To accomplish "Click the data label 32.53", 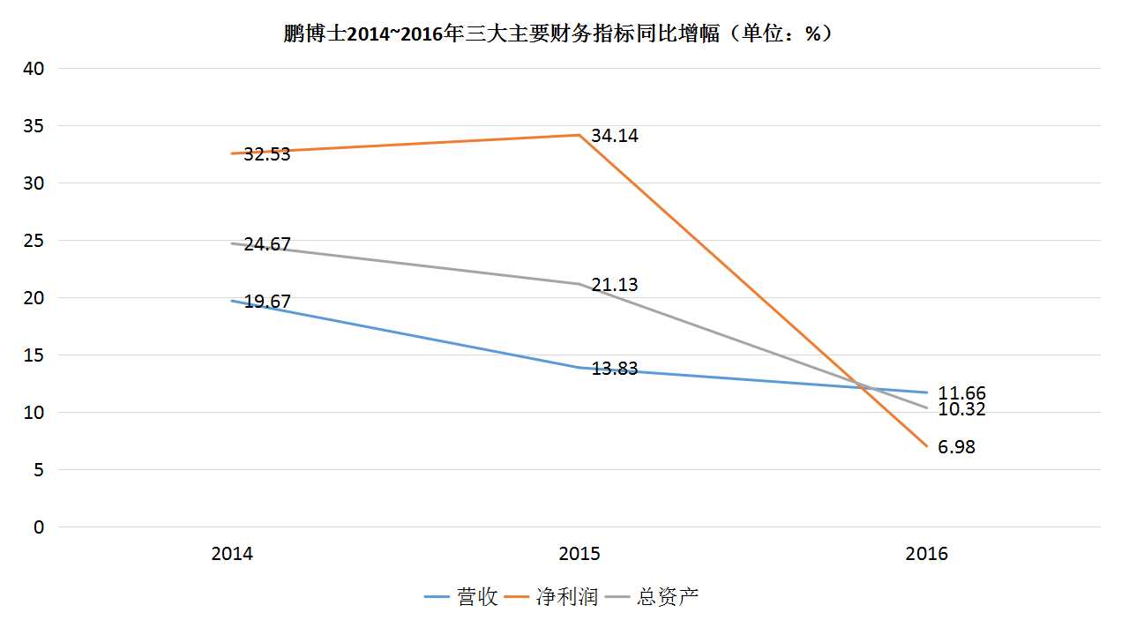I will pyautogui.click(x=266, y=154).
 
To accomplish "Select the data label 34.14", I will pyautogui.click(x=615, y=136).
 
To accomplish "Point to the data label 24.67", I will pyautogui.click(x=266, y=244).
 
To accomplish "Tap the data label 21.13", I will pyautogui.click(x=615, y=285).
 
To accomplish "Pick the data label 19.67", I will pyautogui.click(x=266, y=302).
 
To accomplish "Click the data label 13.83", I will pyautogui.click(x=615, y=369).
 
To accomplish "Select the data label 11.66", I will pyautogui.click(x=962, y=393).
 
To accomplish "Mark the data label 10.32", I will pyautogui.click(x=962, y=409).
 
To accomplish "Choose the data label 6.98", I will pyautogui.click(x=957, y=447).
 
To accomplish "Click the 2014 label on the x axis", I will pyautogui.click(x=232, y=554).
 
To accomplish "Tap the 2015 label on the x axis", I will pyautogui.click(x=579, y=554).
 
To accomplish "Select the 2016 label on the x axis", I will pyautogui.click(x=927, y=554).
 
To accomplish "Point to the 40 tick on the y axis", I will pyautogui.click(x=33, y=69).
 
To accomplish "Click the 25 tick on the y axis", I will pyautogui.click(x=33, y=241).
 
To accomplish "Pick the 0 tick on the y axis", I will pyautogui.click(x=38, y=527).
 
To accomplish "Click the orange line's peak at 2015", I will pyautogui.click(x=579, y=135).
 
